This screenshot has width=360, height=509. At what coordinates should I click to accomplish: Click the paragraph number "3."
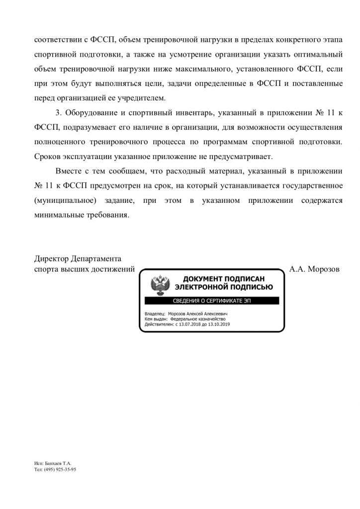pos(59,113)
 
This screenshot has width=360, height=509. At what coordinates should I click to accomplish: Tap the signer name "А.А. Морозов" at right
pos(314,269)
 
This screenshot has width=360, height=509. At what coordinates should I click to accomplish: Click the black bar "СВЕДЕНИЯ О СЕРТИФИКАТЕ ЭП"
pos(212,301)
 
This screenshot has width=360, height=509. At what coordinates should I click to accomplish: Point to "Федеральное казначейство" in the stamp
pos(197,319)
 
